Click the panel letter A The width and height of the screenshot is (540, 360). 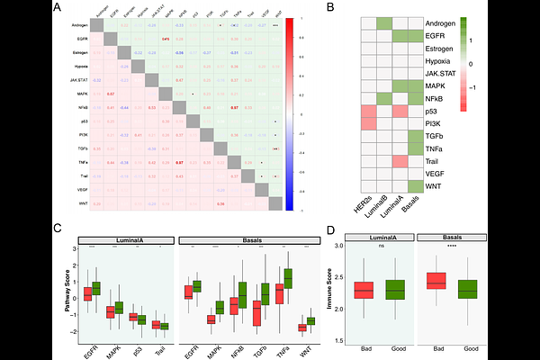57,8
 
